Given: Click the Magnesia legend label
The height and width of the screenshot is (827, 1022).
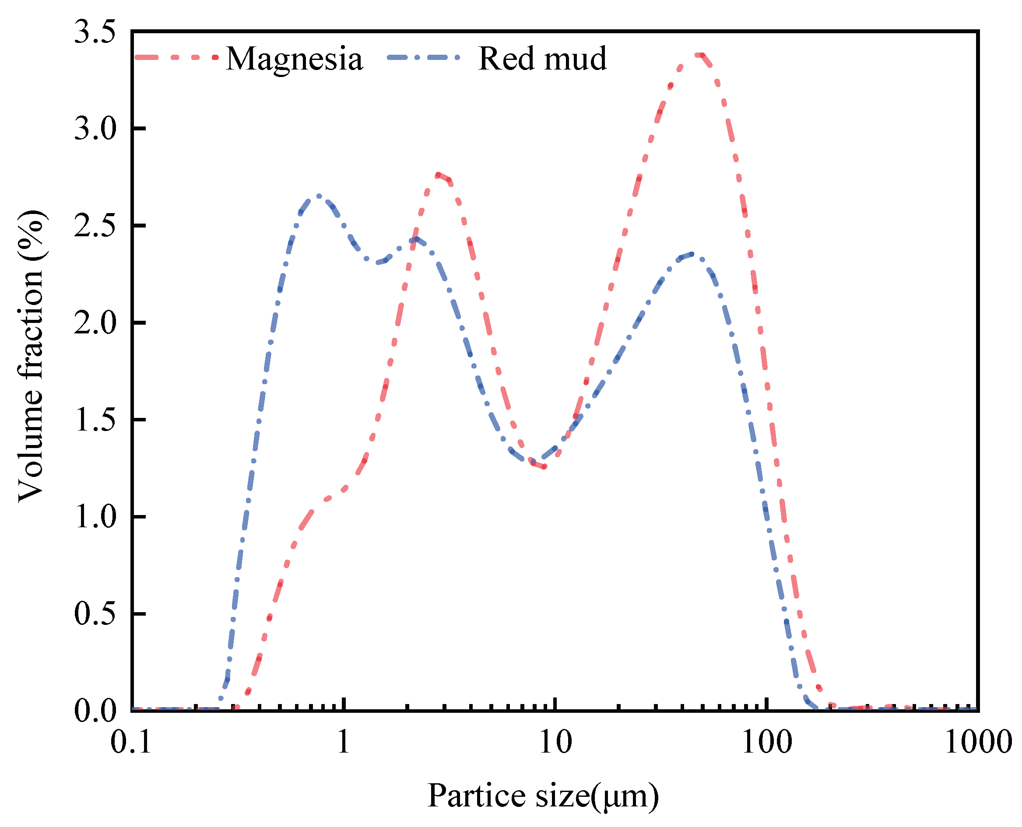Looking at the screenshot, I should click(x=294, y=59).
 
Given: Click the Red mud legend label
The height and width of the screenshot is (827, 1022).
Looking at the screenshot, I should click(x=542, y=59).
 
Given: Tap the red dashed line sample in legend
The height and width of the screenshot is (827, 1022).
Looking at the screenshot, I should click(x=176, y=58).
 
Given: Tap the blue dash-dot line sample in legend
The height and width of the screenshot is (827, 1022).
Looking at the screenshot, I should click(x=424, y=58).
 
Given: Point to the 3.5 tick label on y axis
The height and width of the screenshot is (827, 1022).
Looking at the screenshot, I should click(x=95, y=32).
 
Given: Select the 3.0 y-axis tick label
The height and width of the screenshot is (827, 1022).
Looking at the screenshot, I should click(x=95, y=129).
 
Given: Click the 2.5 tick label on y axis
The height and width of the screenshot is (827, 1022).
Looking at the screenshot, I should click(x=95, y=226).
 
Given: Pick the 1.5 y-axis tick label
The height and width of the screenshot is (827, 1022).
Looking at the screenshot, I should click(x=95, y=420).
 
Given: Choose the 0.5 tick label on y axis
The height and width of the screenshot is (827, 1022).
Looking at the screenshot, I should click(x=95, y=613).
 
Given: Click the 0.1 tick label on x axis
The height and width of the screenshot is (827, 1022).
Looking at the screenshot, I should click(x=131, y=742).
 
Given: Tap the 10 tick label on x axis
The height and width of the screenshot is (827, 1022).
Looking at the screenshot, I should click(x=555, y=742).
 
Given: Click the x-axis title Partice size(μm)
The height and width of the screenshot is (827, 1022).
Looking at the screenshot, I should click(x=543, y=796).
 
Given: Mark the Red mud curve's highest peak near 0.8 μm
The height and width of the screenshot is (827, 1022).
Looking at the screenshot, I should click(x=318, y=196).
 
